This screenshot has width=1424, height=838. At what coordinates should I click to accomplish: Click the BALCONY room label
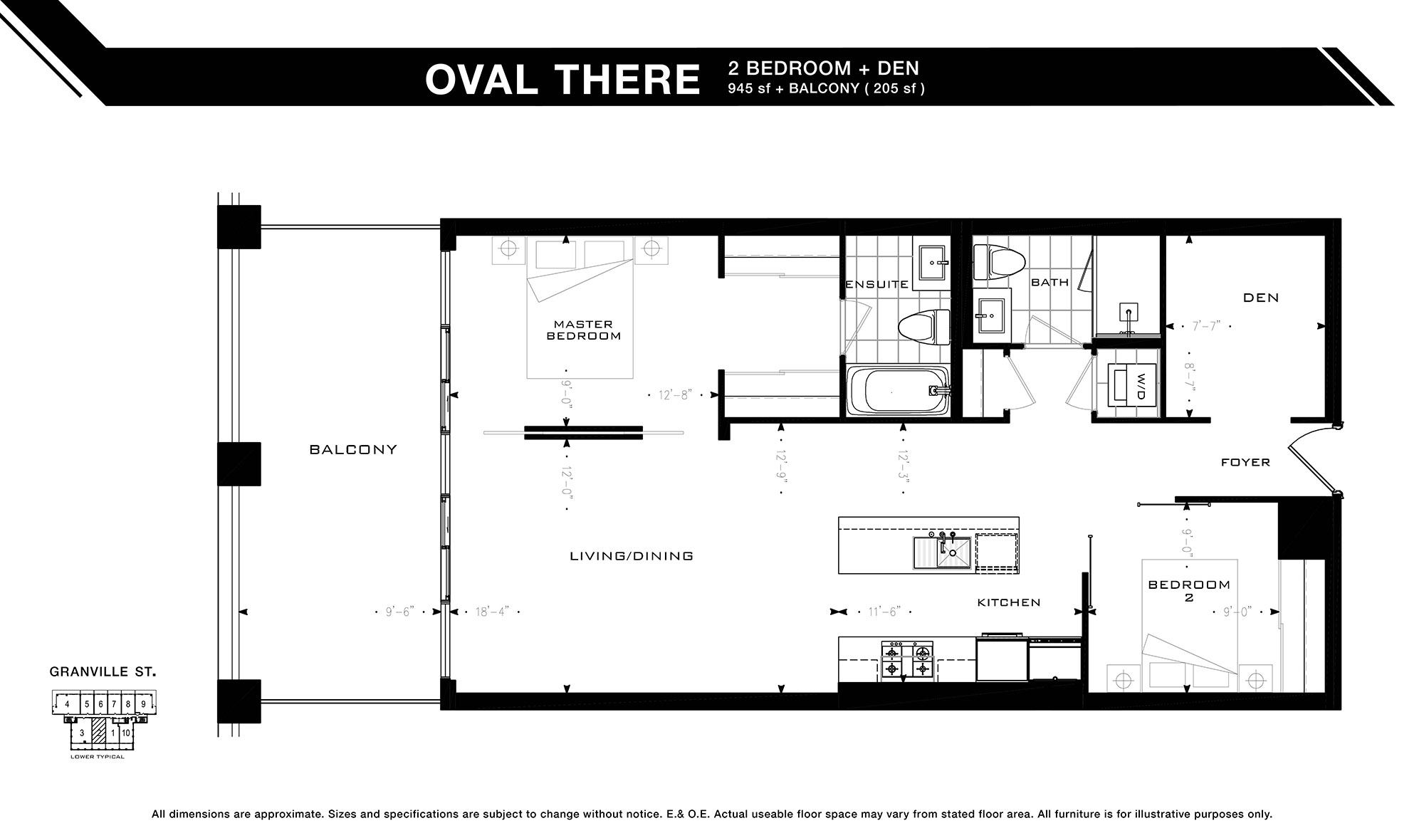pos(353,450)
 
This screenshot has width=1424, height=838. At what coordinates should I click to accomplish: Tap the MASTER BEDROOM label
pos(583,330)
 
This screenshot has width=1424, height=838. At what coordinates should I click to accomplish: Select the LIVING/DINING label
pos(632,556)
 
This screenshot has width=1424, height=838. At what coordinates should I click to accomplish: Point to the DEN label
pos(1261,298)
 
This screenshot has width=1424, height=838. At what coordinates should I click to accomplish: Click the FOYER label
pos(1245,463)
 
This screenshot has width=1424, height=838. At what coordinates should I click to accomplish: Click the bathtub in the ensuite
pos(897,391)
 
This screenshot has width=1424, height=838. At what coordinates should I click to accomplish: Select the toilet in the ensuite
pos(924,328)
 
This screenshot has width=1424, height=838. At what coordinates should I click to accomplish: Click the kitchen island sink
pos(943,553)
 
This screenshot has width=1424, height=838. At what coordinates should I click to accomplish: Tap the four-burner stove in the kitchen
pos(907,659)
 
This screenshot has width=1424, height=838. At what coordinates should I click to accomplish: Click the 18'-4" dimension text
pos(492,612)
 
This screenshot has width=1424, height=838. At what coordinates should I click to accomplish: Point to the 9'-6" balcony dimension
pos(399,612)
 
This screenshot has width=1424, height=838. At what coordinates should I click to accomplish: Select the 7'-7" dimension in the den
pos(1206,326)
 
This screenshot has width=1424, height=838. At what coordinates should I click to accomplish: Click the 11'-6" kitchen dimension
pos(884,612)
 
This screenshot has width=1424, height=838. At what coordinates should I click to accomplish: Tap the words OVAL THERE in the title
pos(562,79)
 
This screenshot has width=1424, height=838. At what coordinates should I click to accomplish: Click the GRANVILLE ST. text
pos(103,671)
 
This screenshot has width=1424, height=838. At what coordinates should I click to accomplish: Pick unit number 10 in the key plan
pos(125,733)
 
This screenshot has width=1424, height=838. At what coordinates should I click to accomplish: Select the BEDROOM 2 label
pos(1189,591)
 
